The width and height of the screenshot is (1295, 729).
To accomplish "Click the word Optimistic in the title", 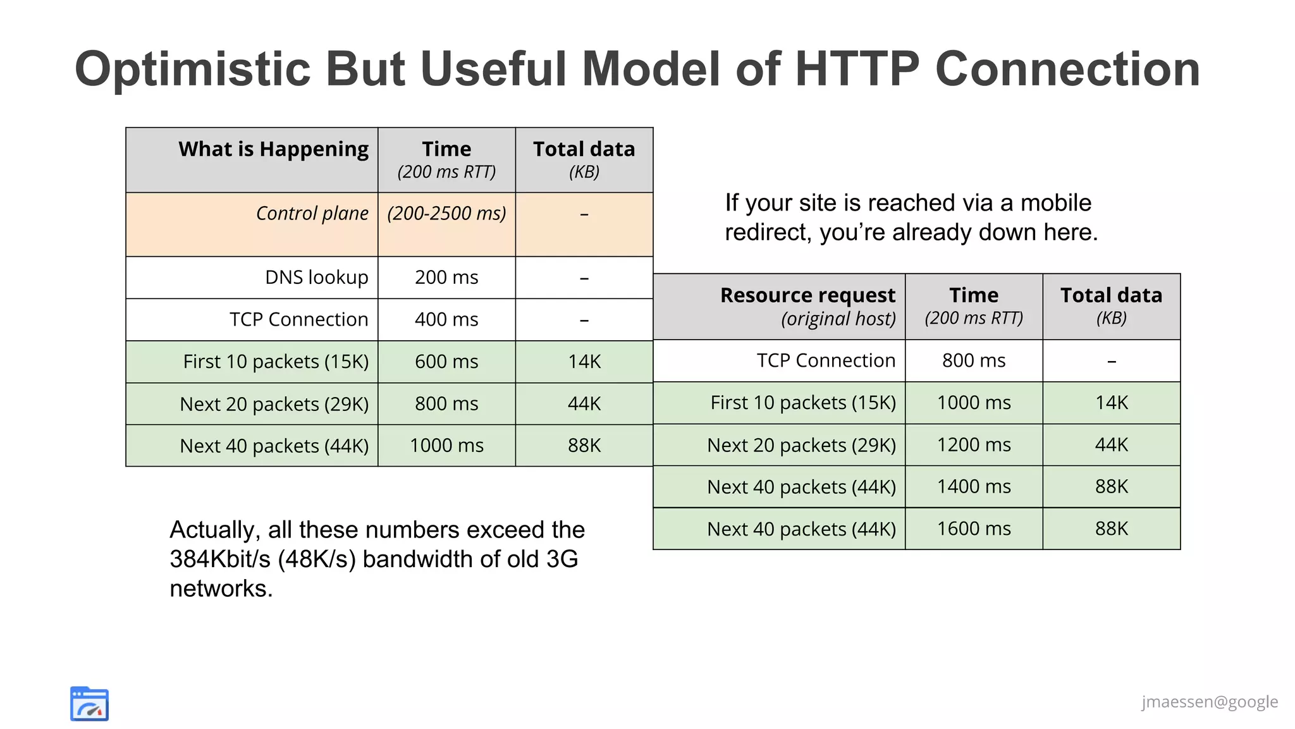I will pyautogui.click(x=193, y=70).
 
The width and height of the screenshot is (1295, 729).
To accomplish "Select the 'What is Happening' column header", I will pyautogui.click(x=273, y=149).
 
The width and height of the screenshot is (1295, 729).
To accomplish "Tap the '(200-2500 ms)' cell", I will pyautogui.click(x=446, y=214).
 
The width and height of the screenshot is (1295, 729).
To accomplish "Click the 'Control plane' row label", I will pyautogui.click(x=312, y=214).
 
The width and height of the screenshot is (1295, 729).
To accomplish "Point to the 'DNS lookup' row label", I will pyautogui.click(x=316, y=278).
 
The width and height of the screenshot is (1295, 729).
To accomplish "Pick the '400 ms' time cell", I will pyautogui.click(x=446, y=320).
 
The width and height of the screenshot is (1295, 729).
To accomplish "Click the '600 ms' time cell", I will pyautogui.click(x=446, y=362).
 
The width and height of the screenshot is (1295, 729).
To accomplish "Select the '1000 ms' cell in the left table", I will pyautogui.click(x=446, y=446).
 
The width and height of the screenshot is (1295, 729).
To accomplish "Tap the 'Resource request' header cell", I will pyautogui.click(x=807, y=296).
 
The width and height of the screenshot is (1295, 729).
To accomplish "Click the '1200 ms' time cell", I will pyautogui.click(x=974, y=445).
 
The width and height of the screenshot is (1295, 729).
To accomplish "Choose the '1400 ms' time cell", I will pyautogui.click(x=974, y=487).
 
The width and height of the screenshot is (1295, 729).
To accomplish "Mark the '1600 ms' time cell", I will pyautogui.click(x=974, y=529).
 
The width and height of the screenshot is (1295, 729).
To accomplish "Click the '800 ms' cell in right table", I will pyautogui.click(x=974, y=360).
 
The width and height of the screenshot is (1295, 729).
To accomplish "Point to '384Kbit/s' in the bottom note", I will pyautogui.click(x=219, y=560).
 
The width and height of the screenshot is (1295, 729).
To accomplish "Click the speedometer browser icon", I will pyautogui.click(x=89, y=704).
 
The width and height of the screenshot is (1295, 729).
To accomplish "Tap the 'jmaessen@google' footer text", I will pyautogui.click(x=1209, y=702).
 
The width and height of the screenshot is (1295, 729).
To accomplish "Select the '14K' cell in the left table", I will pyautogui.click(x=584, y=362).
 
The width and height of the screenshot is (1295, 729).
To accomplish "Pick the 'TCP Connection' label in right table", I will pyautogui.click(x=826, y=360).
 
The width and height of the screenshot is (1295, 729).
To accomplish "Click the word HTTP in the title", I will pyautogui.click(x=857, y=70).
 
